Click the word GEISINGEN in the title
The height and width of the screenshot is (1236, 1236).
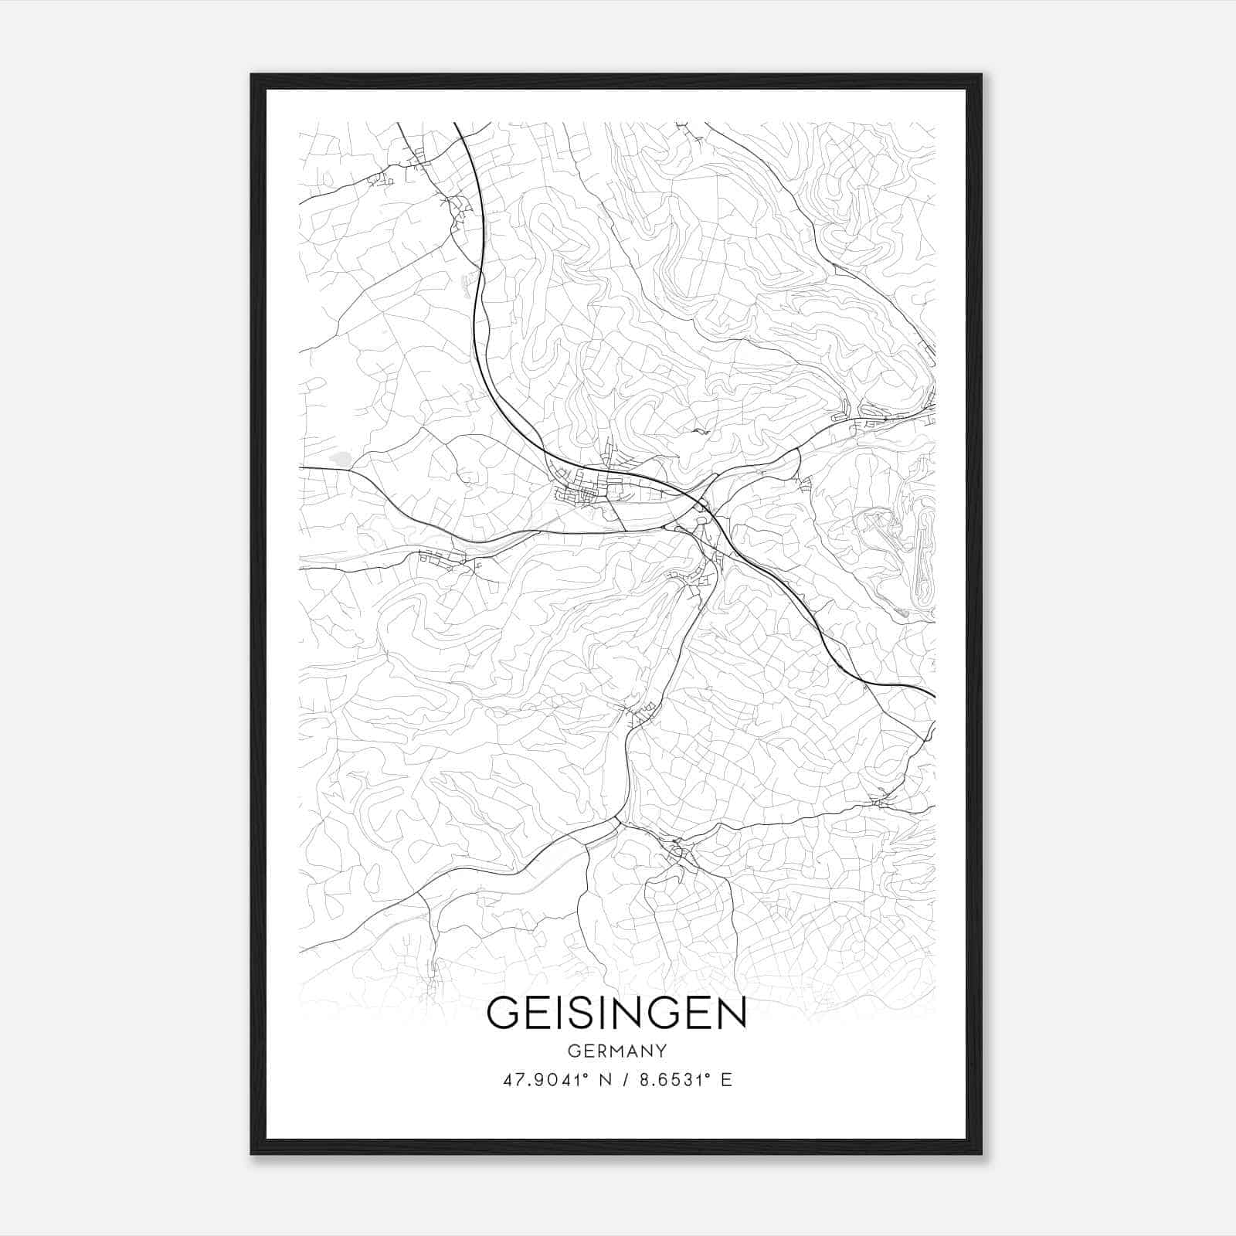pyautogui.click(x=616, y=1013)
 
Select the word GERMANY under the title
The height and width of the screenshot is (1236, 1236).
pyautogui.click(x=616, y=1051)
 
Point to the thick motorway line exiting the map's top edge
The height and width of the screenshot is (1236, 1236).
pyautogui.click(x=457, y=125)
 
